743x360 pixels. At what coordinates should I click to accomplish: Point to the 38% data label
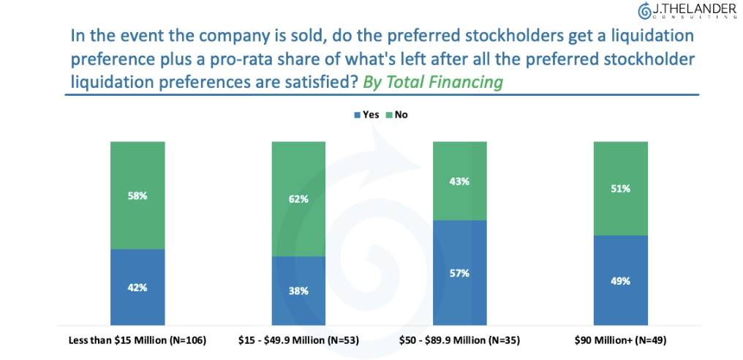tap(298, 290)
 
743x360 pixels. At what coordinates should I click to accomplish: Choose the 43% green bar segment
tap(459, 181)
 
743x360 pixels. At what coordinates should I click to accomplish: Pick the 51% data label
tap(621, 188)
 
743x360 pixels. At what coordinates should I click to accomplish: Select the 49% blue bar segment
tap(621, 280)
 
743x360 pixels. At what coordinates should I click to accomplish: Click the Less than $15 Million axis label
tap(137, 340)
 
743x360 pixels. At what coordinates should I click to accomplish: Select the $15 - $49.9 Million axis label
tap(298, 340)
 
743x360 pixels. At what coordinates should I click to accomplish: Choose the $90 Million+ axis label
tap(620, 340)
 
